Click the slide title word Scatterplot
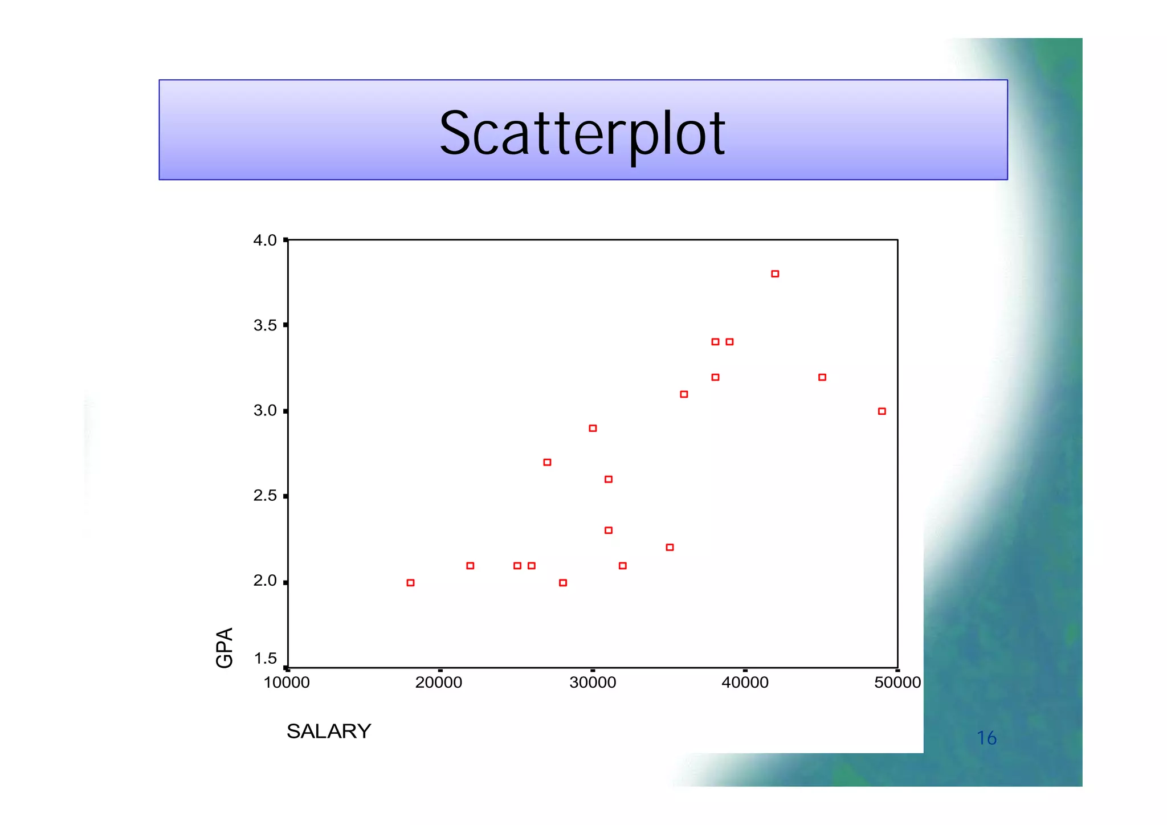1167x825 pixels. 582,134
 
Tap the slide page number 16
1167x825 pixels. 986,738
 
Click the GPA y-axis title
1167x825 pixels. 225,647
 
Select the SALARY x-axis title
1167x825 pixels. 329,731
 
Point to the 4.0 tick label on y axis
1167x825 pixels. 265,240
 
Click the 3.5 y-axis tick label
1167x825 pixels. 265,325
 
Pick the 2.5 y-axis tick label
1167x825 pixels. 265,496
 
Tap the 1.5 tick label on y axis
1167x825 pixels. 265,659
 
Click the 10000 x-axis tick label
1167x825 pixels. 287,683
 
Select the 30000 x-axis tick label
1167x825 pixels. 593,683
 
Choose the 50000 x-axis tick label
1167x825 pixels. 897,683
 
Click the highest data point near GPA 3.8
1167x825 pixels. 775,274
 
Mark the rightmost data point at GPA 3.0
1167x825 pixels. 882,411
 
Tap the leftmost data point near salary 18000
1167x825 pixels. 410,583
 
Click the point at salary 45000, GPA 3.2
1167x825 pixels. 822,377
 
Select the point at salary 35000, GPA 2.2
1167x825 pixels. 670,548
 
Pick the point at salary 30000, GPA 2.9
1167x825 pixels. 593,428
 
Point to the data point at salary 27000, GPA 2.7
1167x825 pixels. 547,462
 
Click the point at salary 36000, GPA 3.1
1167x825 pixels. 684,394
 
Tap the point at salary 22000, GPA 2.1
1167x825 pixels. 470,566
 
